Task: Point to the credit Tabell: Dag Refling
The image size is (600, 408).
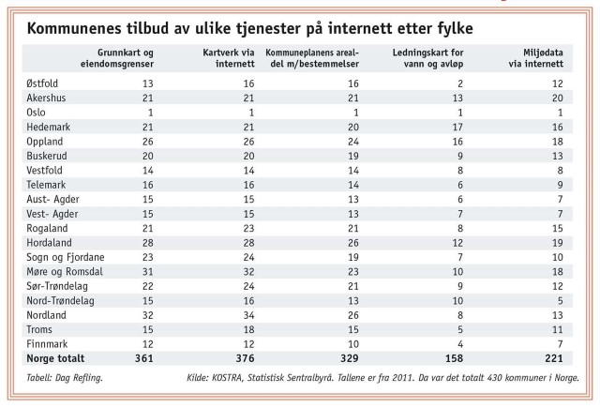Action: point(64,378)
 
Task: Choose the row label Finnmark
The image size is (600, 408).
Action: point(46,343)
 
